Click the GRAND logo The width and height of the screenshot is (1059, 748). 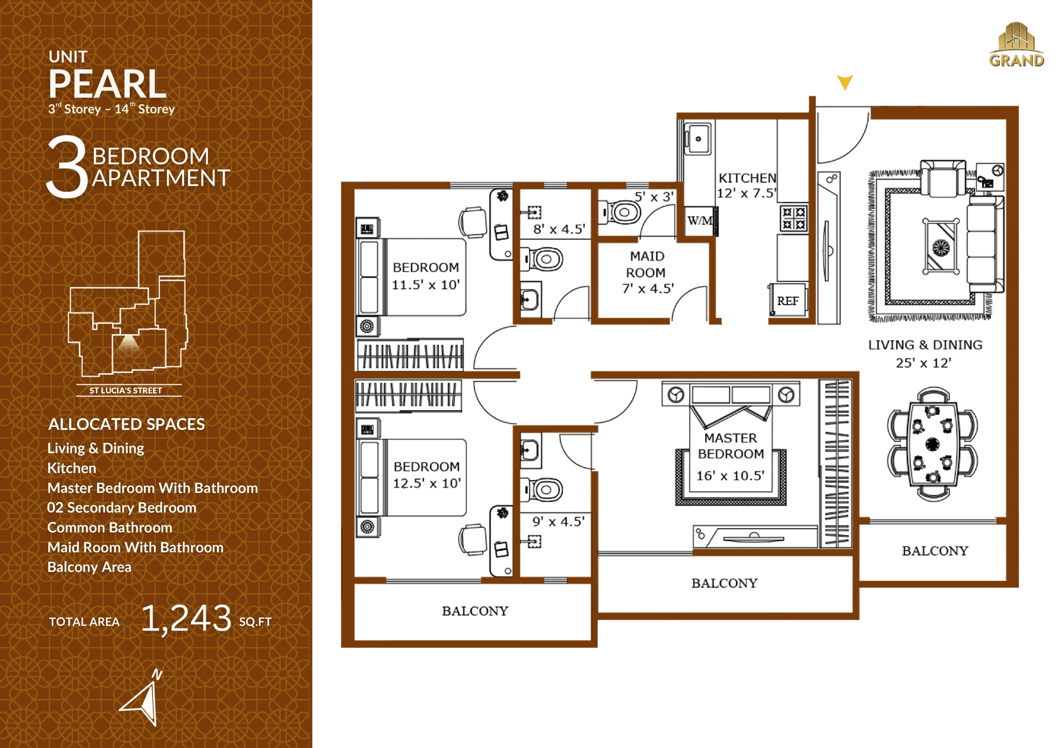tap(1016, 45)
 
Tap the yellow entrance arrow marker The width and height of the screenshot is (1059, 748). tap(845, 82)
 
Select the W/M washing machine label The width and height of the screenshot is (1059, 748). tap(700, 221)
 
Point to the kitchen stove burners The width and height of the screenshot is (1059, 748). tap(794, 218)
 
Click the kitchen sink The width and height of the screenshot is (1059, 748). tap(698, 138)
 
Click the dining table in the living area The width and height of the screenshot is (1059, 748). tap(932, 444)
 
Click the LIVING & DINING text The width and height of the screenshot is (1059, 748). tap(925, 345)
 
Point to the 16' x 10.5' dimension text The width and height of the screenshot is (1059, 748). tap(730, 475)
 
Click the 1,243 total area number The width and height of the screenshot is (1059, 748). tap(186, 619)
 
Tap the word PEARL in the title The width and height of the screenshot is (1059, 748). tap(107, 84)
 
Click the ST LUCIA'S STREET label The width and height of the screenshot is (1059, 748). tap(125, 391)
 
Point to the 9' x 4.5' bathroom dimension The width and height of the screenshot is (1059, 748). tap(558, 521)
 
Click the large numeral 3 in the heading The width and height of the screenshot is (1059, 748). tap(67, 167)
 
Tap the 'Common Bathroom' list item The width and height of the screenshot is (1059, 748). tap(110, 527)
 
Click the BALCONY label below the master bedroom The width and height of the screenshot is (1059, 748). tap(724, 583)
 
